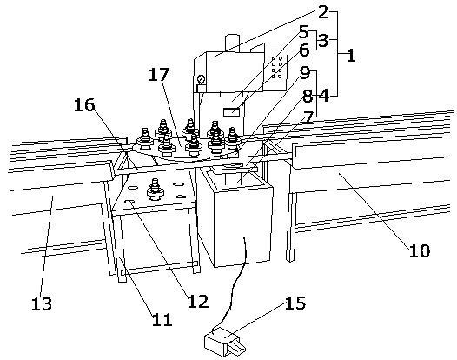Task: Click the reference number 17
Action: coord(159,75)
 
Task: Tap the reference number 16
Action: coord(84,105)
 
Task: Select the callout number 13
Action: coord(42,303)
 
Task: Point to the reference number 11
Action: coord(162,319)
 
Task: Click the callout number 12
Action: coord(198,301)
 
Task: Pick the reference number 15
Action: coord(295,303)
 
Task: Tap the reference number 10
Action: coord(420,250)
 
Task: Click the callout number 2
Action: coord(323,12)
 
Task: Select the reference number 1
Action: coord(351,55)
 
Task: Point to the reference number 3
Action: coord(323,40)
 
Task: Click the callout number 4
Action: coord(324,96)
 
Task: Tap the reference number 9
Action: coord(305,73)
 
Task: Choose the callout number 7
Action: coord(308,117)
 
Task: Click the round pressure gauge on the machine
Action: coord(201,79)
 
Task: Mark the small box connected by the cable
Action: coord(225,342)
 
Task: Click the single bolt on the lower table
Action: coord(156,189)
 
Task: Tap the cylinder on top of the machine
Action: coord(232,43)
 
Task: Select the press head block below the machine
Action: coord(231,111)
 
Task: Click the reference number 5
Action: coord(303,32)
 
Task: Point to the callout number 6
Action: coord(304,50)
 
